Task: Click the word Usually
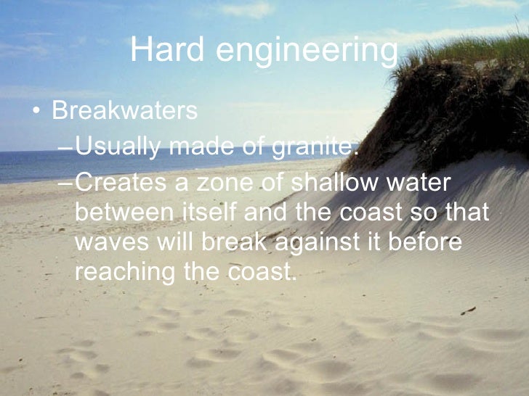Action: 118,147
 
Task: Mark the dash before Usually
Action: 65,149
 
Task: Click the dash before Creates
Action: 65,185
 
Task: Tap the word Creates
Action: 118,183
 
